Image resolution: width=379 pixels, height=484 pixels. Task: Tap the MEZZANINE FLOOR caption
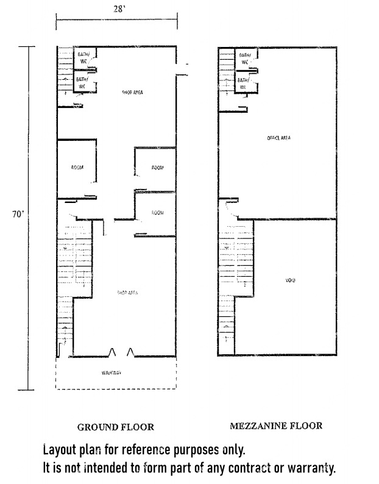(x=275, y=426)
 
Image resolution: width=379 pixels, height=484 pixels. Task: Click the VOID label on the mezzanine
(x=290, y=280)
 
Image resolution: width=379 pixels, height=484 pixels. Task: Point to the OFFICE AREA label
(x=279, y=138)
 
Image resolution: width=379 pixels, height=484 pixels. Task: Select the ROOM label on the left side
(x=77, y=168)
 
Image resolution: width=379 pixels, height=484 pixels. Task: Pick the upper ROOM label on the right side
(x=157, y=168)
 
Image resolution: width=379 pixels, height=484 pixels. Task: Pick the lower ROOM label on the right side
(x=157, y=213)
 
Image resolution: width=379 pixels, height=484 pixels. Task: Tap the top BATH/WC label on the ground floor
(x=83, y=58)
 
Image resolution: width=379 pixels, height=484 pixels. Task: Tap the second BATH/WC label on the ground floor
(x=81, y=82)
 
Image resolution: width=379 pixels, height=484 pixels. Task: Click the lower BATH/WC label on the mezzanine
(x=243, y=83)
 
